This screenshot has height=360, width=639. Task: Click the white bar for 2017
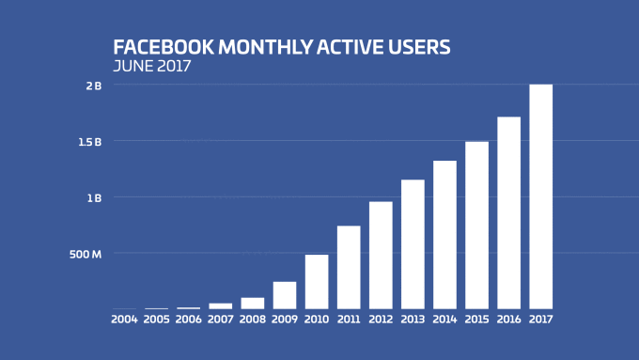[540, 196]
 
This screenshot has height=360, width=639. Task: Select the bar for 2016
[508, 212]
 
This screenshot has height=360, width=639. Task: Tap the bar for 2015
[476, 225]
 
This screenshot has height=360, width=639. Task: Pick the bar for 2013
[413, 243]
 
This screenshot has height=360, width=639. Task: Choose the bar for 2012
[381, 255]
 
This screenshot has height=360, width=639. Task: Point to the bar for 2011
[349, 267]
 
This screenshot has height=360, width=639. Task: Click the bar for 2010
[317, 281]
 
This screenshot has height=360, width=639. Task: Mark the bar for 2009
[285, 294]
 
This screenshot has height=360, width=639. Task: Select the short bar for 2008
[253, 303]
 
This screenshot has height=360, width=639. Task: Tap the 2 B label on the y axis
[94, 86]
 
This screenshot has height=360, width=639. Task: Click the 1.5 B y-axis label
[90, 142]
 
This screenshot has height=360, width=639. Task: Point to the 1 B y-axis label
[94, 198]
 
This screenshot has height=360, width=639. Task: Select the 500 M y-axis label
[86, 254]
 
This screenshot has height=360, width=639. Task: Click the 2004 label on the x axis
[124, 320]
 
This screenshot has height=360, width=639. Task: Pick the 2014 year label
[444, 320]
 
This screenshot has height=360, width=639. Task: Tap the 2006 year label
[188, 320]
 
